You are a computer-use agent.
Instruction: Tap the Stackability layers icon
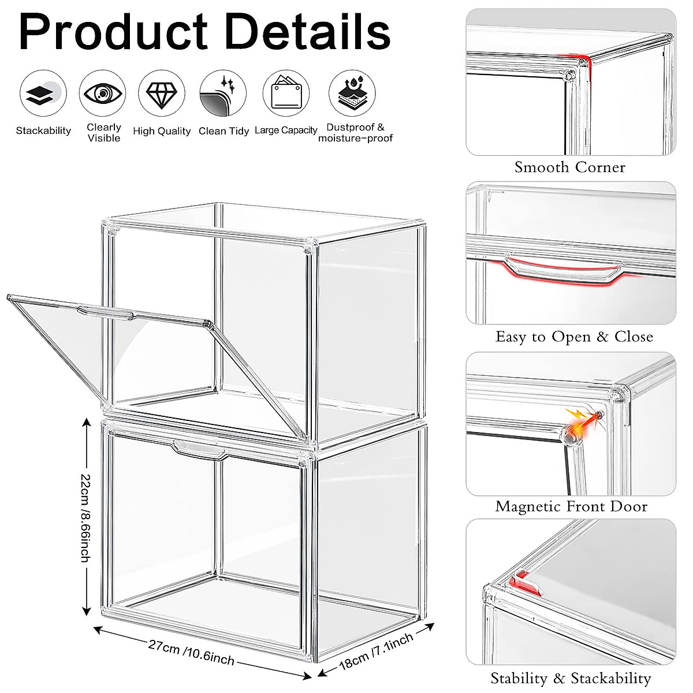point(43,94)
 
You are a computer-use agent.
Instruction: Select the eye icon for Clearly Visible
point(103,94)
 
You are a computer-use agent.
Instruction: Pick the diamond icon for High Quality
point(162,94)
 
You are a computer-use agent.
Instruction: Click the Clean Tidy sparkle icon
point(223,94)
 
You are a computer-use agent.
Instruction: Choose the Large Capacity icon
point(286,94)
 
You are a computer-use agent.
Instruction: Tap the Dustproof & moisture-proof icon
point(352,94)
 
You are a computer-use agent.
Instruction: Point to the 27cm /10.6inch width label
point(191,652)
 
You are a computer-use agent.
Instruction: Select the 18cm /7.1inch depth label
point(376,651)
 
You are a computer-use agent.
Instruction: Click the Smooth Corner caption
point(570,167)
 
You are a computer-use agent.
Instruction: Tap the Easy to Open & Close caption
point(574,337)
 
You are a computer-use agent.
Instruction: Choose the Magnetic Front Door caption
point(571,506)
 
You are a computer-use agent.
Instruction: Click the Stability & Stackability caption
point(571,678)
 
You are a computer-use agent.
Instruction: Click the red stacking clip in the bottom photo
point(526,582)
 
